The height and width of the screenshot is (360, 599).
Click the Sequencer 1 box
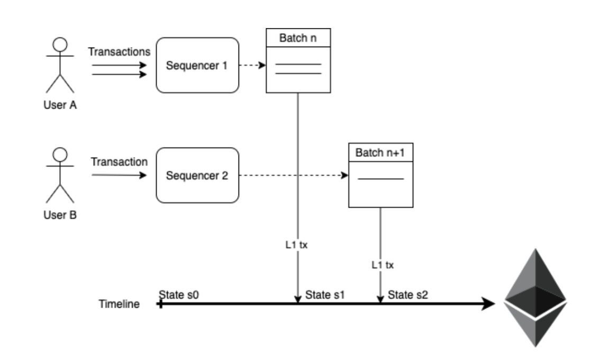click(x=197, y=66)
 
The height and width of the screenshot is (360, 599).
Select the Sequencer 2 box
click(x=197, y=176)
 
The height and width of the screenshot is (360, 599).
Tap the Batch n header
click(x=298, y=38)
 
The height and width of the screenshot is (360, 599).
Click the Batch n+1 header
click(x=380, y=152)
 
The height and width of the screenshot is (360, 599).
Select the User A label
click(x=60, y=105)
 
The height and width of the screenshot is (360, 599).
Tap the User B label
click(x=60, y=215)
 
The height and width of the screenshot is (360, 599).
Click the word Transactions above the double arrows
click(x=120, y=52)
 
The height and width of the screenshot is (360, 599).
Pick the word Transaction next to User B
click(x=119, y=162)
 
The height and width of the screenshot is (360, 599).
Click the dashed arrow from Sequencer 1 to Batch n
click(x=252, y=66)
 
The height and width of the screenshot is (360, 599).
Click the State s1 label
click(x=324, y=294)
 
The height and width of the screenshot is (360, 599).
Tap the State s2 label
click(x=407, y=294)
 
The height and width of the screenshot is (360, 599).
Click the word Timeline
click(x=119, y=304)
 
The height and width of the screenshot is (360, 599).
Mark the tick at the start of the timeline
click(x=160, y=304)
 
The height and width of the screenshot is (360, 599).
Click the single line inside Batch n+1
click(x=380, y=178)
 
